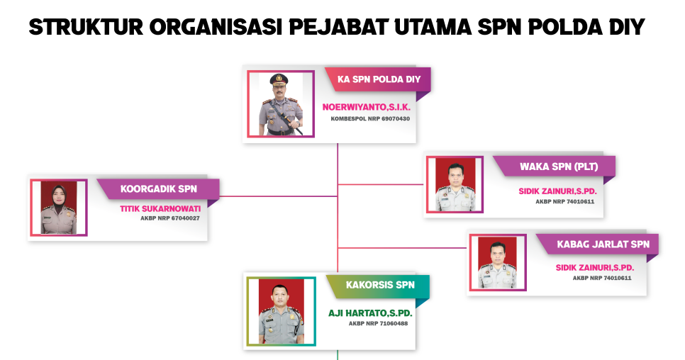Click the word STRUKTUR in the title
pyautogui.click(x=86, y=27)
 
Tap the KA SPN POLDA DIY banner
pyautogui.click(x=379, y=79)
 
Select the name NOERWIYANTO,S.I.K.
pyautogui.click(x=367, y=107)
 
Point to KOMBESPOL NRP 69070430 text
pyautogui.click(x=370, y=118)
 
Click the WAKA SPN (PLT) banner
pyautogui.click(x=555, y=167)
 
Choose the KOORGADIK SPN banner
pyautogui.click(x=158, y=189)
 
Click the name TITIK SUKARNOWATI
pyautogui.click(x=160, y=208)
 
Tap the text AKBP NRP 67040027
pyautogui.click(x=170, y=218)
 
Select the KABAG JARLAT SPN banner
pyautogui.click(x=598, y=244)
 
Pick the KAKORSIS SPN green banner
pyautogui.click(x=379, y=286)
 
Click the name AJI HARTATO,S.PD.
pyautogui.click(x=370, y=313)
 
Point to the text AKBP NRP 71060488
pyautogui.click(x=378, y=323)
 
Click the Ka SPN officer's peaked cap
pyautogui.click(x=278, y=79)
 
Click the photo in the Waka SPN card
pyautogui.click(x=455, y=184)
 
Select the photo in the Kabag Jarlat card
pyautogui.click(x=498, y=262)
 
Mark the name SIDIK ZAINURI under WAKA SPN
pyautogui.click(x=557, y=191)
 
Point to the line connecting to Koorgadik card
pyautogui.click(x=279, y=196)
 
